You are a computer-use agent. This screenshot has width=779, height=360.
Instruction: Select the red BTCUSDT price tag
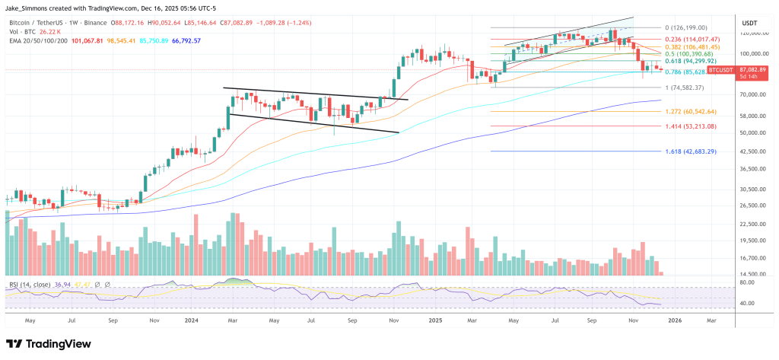click(722, 69)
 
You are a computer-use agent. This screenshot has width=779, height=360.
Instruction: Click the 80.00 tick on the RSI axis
click(747, 282)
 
